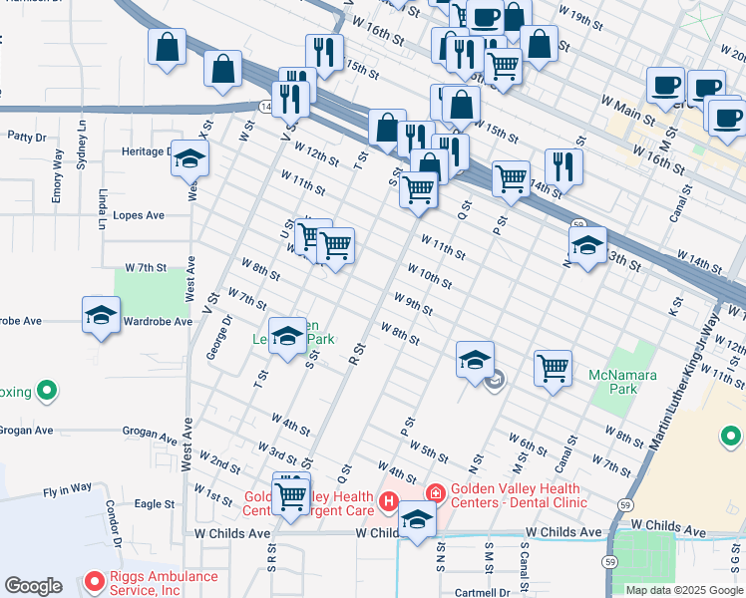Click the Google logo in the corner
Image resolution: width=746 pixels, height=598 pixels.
[x=33, y=586]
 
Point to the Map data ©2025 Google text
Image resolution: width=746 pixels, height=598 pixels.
[x=684, y=590]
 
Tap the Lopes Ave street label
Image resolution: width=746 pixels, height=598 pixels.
[x=139, y=215]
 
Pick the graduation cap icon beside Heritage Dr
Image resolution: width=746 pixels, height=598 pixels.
[x=189, y=159]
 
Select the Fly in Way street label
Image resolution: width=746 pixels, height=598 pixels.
[x=67, y=489]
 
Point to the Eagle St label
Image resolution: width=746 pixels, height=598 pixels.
[x=155, y=504]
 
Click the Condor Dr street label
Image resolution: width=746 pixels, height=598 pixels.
[x=113, y=523]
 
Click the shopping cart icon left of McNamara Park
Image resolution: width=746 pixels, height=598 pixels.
[x=553, y=368]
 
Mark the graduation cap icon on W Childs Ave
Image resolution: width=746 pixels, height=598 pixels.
[x=417, y=520]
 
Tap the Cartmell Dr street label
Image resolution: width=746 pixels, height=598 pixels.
[x=483, y=592]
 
